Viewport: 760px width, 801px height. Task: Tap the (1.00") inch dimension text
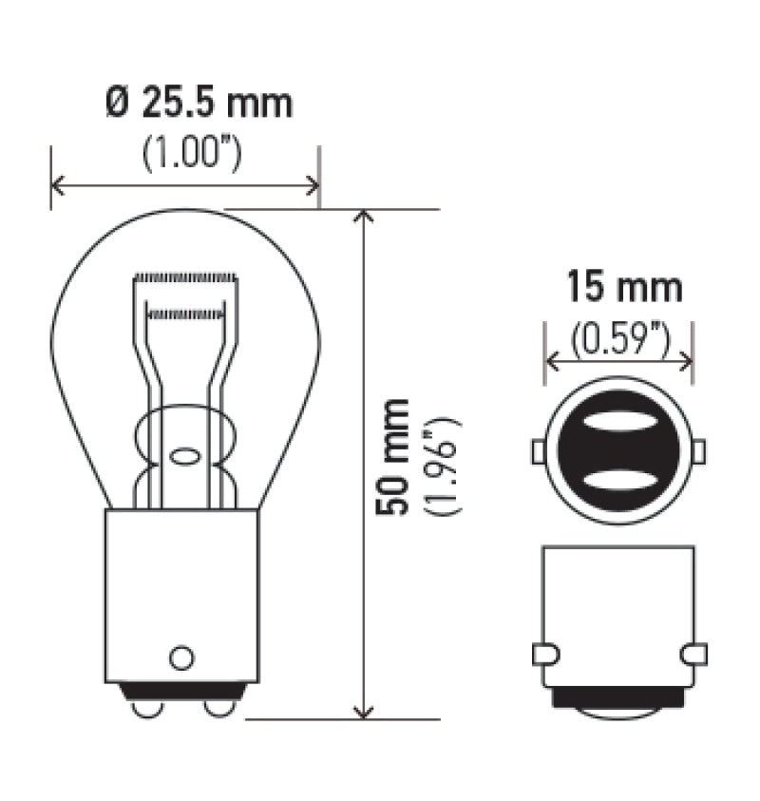pyautogui.click(x=191, y=153)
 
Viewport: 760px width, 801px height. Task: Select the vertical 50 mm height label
pyautogui.click(x=391, y=456)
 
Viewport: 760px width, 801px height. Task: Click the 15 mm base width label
pyautogui.click(x=624, y=287)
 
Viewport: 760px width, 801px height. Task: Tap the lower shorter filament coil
pyautogui.click(x=186, y=312)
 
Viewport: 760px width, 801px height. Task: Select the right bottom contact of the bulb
pyautogui.click(x=218, y=707)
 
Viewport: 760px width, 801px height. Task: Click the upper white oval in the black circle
pyautogui.click(x=618, y=422)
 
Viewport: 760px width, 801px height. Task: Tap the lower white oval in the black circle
pyautogui.click(x=618, y=478)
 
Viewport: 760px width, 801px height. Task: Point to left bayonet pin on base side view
pyautogui.click(x=546, y=654)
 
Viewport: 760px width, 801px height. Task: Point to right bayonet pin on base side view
pyautogui.click(x=694, y=654)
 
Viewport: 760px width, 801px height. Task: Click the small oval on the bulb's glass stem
pyautogui.click(x=184, y=455)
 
